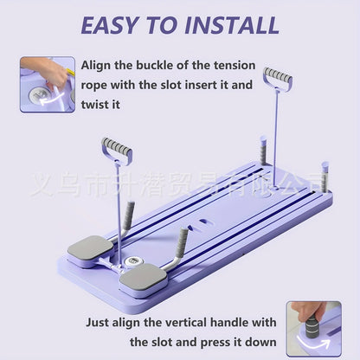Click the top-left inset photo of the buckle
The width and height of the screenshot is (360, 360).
pyautogui.click(x=47, y=85)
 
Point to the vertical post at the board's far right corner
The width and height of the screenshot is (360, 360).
pyautogui.click(x=325, y=177)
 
